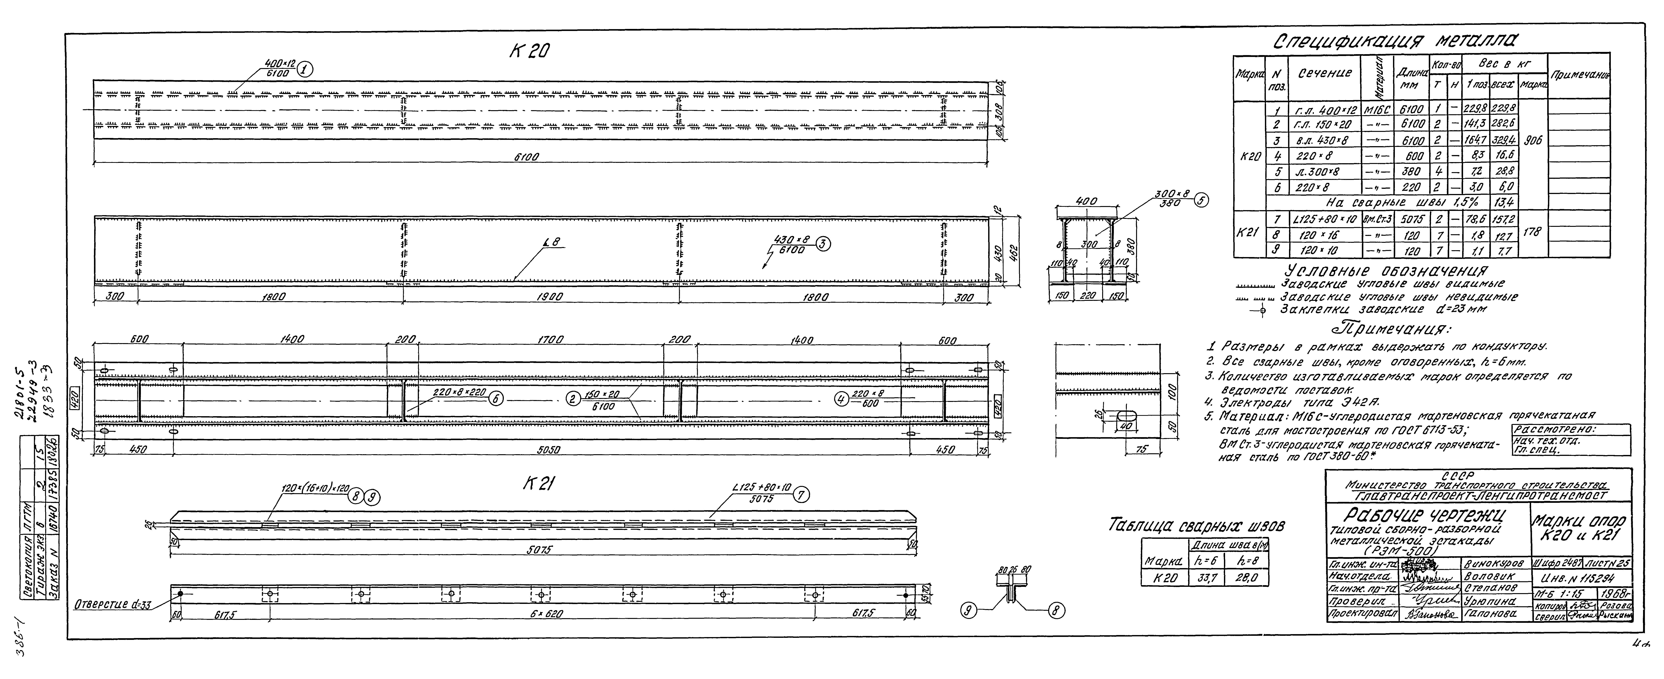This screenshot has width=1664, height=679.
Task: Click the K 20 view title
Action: click(x=528, y=52)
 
